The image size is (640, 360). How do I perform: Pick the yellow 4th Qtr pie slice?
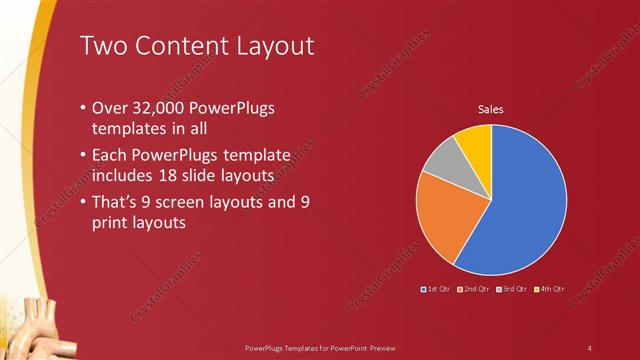(x=475, y=143)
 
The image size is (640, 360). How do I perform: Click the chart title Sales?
(x=490, y=109)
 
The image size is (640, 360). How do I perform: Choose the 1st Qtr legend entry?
(x=438, y=289)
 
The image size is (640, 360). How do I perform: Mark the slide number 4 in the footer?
(x=590, y=347)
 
